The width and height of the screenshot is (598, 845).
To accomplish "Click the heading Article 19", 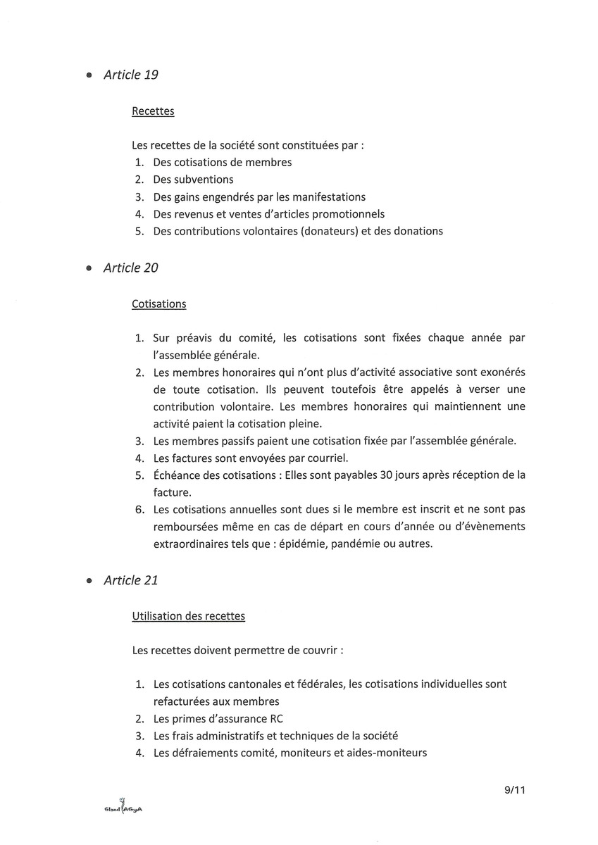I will [x=130, y=75].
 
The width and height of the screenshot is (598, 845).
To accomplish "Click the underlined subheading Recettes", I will [x=153, y=111].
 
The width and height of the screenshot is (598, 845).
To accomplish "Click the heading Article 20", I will [x=130, y=268].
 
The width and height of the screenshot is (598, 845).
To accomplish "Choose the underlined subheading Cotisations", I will [x=159, y=304].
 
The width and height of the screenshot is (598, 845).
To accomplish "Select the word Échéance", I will [x=177, y=475].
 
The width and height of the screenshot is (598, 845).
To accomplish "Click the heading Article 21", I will [x=130, y=580].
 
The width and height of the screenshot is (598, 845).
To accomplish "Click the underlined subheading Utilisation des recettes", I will [x=189, y=616].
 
